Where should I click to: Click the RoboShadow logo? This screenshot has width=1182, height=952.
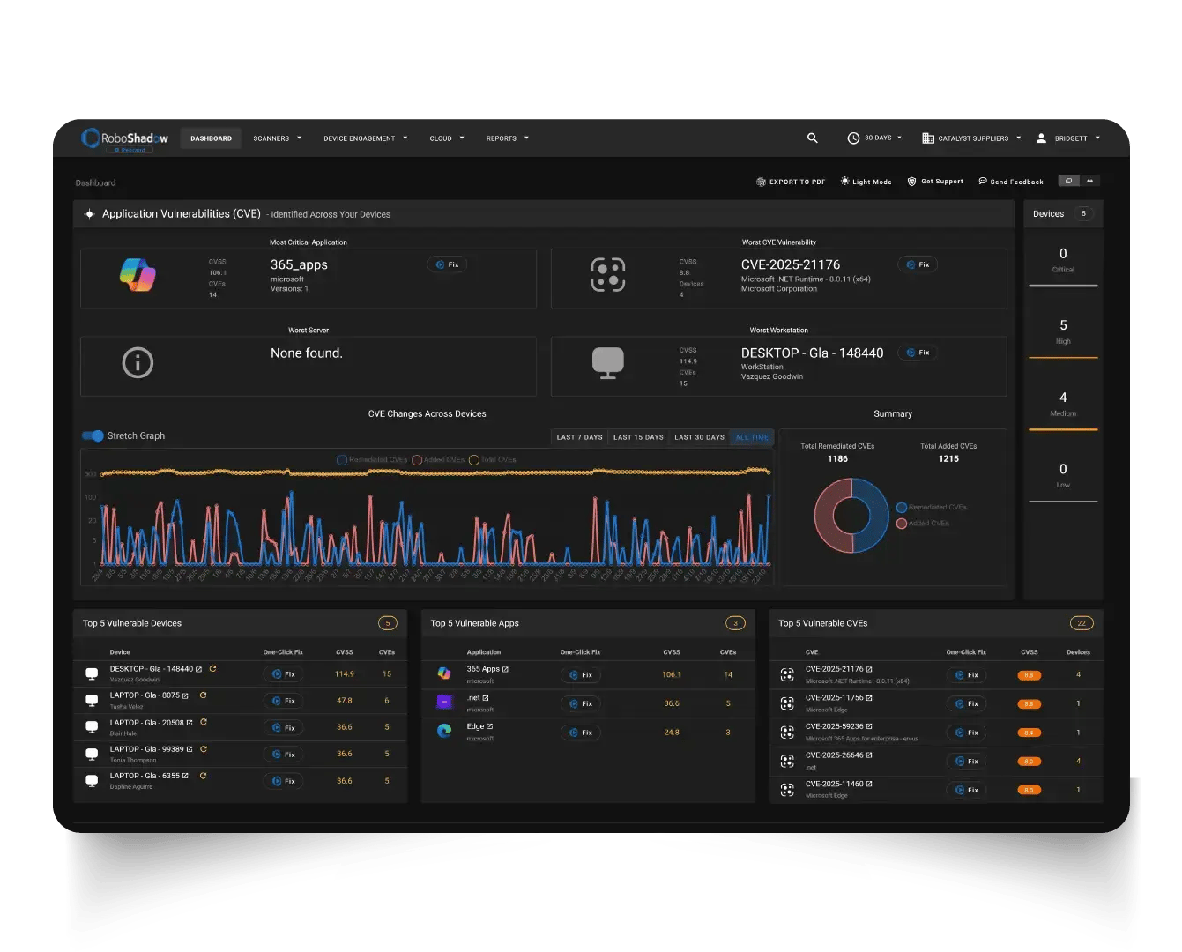(x=124, y=138)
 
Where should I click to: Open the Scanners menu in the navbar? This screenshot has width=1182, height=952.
(x=277, y=138)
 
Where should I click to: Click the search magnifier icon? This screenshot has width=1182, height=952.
(x=813, y=138)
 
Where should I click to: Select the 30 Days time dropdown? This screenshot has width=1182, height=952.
(x=874, y=138)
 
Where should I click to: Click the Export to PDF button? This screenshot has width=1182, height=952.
(x=791, y=182)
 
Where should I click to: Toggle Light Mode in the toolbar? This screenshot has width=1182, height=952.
(x=866, y=182)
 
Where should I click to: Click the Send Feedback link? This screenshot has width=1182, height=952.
(x=1011, y=182)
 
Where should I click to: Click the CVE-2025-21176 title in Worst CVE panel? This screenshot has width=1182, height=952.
(x=790, y=264)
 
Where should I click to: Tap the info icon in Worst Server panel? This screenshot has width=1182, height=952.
(x=138, y=362)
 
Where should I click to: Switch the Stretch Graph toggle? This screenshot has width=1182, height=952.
(x=93, y=435)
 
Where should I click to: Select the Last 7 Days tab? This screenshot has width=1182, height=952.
(x=579, y=437)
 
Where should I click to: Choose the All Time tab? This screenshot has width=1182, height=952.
(x=752, y=437)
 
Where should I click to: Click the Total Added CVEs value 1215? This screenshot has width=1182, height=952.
(x=948, y=458)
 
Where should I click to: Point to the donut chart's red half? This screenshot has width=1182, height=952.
(x=829, y=516)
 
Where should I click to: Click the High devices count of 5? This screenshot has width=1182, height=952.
(x=1063, y=325)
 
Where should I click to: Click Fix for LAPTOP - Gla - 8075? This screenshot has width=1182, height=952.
(x=283, y=701)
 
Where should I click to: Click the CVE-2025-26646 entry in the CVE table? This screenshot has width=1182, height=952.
(x=834, y=755)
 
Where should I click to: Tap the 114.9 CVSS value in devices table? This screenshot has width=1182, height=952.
(x=345, y=674)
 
